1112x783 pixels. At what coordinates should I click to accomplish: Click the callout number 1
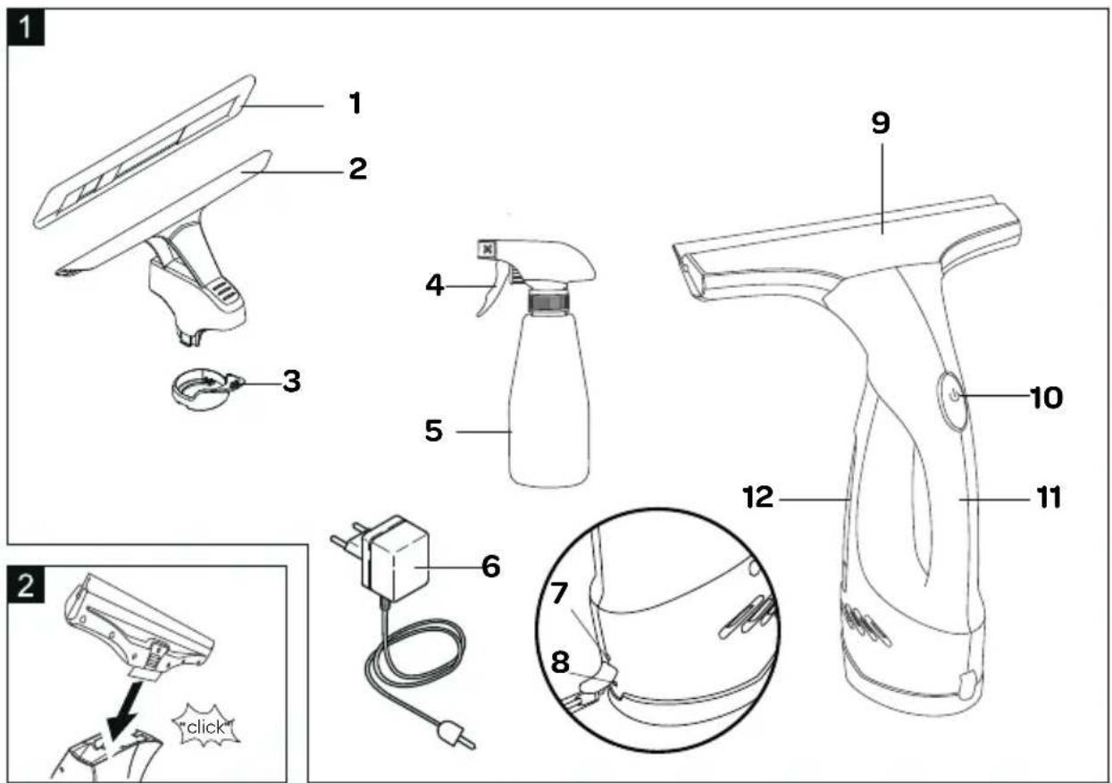(x=355, y=104)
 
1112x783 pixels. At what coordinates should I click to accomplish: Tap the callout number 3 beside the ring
(x=291, y=382)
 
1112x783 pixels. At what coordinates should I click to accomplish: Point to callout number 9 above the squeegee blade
(x=881, y=123)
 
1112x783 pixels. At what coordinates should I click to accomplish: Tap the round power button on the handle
(x=953, y=396)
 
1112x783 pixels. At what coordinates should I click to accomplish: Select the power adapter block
(x=398, y=561)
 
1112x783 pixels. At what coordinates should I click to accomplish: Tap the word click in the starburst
(x=206, y=727)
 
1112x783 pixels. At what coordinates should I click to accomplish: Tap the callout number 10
(x=1041, y=396)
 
